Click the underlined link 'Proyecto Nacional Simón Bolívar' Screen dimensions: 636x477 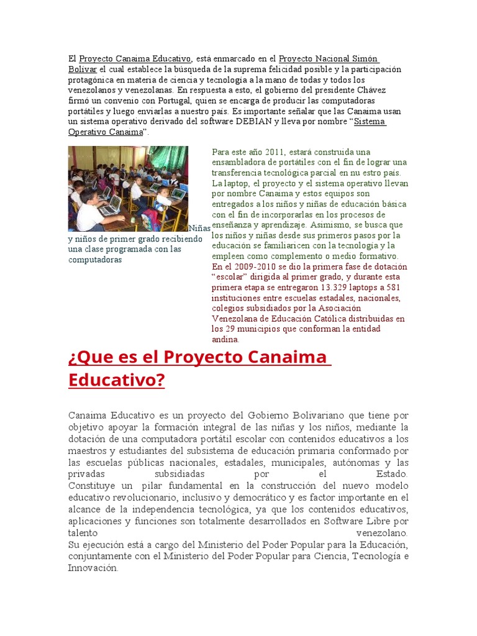[x=329, y=59]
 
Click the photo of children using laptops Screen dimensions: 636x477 [x=128, y=189]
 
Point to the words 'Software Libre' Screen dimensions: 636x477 [x=369, y=521]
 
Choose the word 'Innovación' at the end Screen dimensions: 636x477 [x=93, y=568]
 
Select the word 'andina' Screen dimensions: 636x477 [x=224, y=340]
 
